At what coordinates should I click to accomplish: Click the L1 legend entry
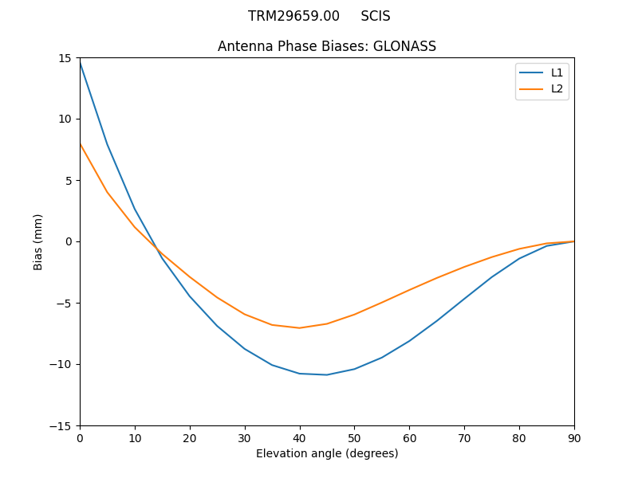[557, 72]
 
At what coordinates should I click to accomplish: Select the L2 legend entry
[557, 88]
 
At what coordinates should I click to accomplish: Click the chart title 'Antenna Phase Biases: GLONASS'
[327, 46]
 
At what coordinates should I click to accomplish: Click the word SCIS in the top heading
[376, 16]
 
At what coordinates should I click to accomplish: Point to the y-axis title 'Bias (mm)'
[38, 241]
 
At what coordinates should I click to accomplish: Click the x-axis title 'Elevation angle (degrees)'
[327, 453]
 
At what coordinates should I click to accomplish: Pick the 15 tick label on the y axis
[65, 57]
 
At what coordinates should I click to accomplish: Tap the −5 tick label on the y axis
[64, 303]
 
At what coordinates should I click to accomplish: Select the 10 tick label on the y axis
[65, 119]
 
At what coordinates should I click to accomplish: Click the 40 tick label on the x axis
[300, 437]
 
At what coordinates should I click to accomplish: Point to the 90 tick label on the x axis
[574, 437]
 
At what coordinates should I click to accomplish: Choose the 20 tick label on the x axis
[190, 437]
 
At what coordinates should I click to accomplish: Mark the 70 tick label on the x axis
[464, 437]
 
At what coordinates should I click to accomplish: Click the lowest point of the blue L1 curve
[327, 374]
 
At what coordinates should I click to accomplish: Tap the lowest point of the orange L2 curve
[300, 327]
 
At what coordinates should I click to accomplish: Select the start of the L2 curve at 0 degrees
[80, 143]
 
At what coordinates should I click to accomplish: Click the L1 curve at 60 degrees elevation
[409, 341]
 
